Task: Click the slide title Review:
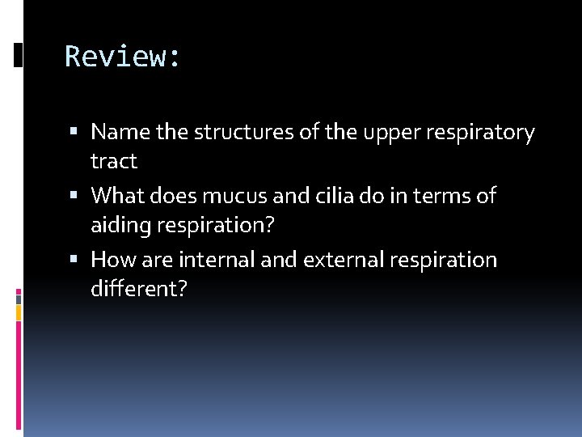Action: coord(124,57)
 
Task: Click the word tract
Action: coord(114,162)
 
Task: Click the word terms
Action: coord(443,195)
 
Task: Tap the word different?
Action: coord(138,289)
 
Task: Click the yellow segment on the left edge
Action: coord(19,312)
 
